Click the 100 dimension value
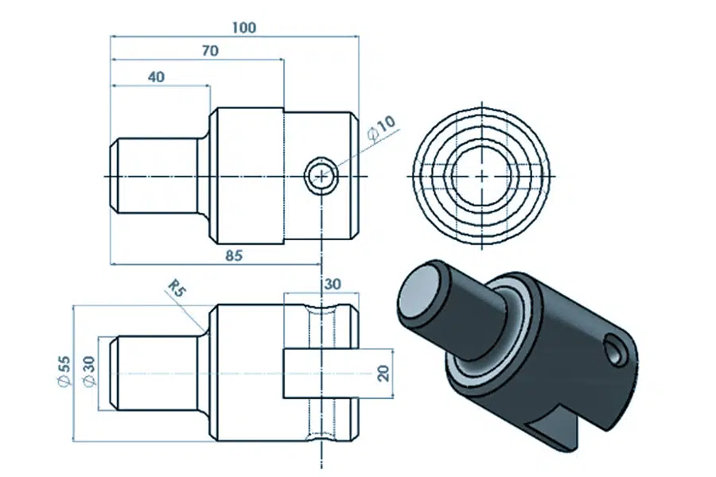(x=244, y=28)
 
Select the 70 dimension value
(x=210, y=51)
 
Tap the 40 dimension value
(x=156, y=76)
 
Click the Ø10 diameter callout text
(x=381, y=129)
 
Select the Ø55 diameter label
(x=64, y=372)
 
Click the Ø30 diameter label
(x=88, y=372)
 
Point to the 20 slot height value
(x=382, y=373)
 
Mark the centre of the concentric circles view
(x=482, y=174)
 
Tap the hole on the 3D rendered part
(x=615, y=347)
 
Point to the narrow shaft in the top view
(x=155, y=175)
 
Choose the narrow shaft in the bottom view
(x=155, y=373)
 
